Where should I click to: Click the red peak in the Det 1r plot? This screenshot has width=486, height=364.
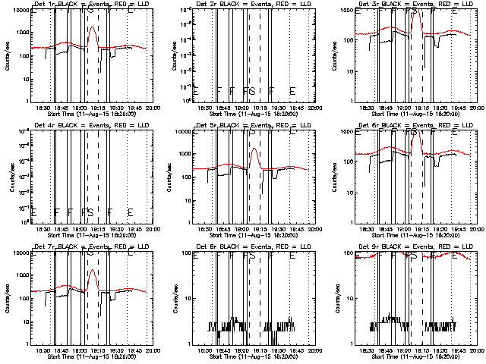pos(92,27)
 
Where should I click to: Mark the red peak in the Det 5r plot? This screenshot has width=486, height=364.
pos(254,149)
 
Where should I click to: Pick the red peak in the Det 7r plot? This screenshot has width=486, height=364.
pos(92,270)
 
